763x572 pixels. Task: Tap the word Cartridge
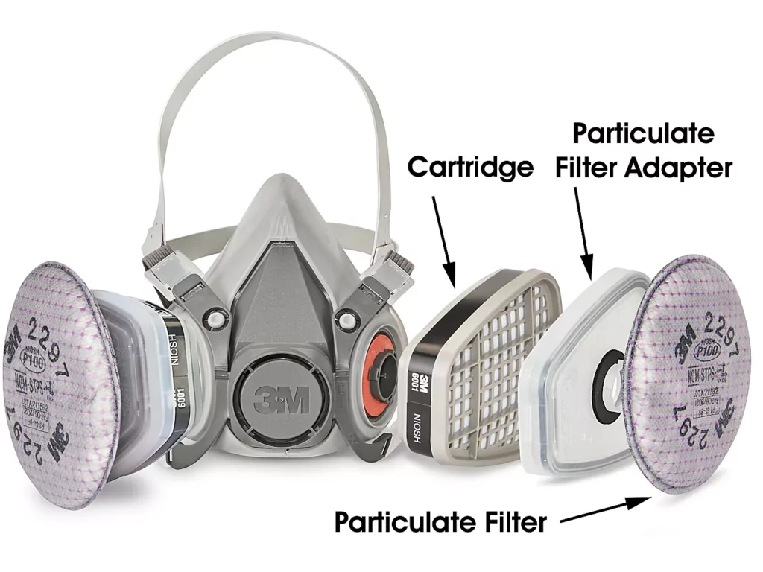click(470, 167)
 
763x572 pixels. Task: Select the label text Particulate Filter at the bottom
click(440, 521)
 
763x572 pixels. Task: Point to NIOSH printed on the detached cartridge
click(417, 428)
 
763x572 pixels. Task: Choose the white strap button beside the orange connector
click(345, 320)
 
